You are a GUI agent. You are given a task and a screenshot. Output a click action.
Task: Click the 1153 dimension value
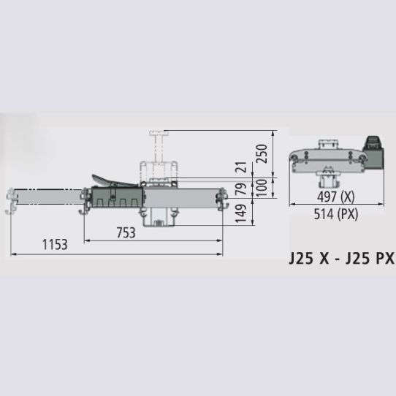point(54,245)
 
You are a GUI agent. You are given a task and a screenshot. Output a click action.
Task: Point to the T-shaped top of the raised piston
point(157,132)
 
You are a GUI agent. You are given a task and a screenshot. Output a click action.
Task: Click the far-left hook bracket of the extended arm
point(11,201)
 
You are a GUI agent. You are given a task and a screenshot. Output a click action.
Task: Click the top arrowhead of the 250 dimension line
point(273,133)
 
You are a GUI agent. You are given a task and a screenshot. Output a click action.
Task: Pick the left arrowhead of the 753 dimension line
point(86,240)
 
